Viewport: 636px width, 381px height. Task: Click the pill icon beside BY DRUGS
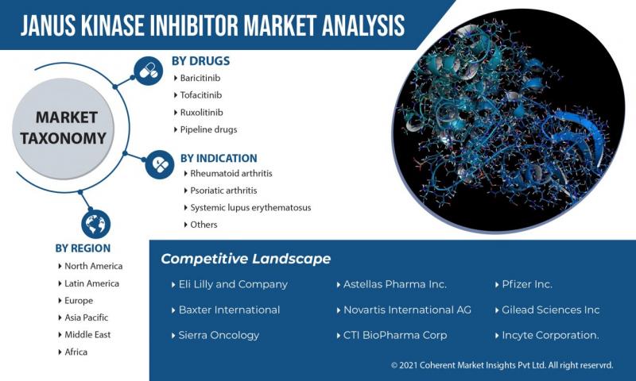click(x=149, y=71)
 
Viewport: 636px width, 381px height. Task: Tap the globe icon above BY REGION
click(x=95, y=224)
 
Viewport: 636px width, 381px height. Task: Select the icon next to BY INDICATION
click(x=160, y=164)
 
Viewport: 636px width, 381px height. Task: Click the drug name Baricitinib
click(x=200, y=78)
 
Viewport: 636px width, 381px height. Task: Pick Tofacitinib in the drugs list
click(x=201, y=95)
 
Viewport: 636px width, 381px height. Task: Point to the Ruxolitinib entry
click(x=201, y=113)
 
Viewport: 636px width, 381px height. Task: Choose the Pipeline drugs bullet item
click(x=208, y=129)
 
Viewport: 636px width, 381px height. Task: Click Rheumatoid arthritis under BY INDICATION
click(x=231, y=173)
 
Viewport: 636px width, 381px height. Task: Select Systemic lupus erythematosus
click(x=250, y=207)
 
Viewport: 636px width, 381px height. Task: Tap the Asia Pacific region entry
click(x=87, y=317)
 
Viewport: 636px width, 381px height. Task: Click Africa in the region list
click(x=76, y=352)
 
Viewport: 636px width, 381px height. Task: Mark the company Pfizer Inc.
click(x=527, y=284)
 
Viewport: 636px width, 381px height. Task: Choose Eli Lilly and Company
click(x=233, y=284)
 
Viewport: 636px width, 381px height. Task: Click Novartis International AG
click(x=407, y=310)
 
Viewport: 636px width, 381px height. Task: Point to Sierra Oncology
click(x=219, y=335)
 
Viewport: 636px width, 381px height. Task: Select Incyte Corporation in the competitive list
click(x=550, y=335)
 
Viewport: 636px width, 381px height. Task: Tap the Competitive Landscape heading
click(x=246, y=259)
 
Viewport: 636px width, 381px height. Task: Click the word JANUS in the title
click(x=48, y=25)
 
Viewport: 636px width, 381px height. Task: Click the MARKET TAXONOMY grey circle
click(x=64, y=129)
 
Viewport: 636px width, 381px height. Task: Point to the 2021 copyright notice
click(x=502, y=365)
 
